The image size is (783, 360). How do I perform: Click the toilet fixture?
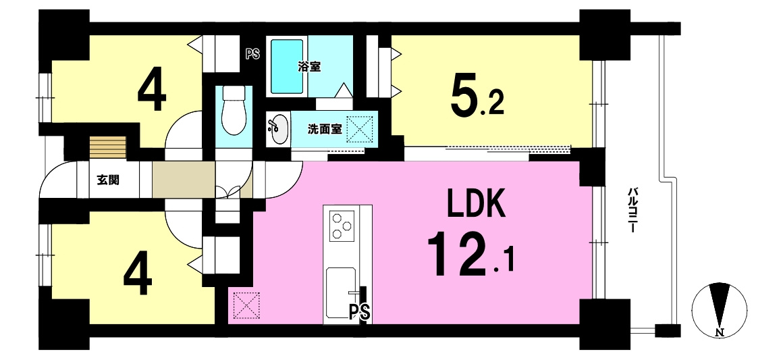pyautogui.click(x=233, y=110)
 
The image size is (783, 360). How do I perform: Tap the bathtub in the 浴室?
pyautogui.click(x=287, y=66)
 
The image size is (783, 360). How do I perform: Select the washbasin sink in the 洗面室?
pyautogui.click(x=278, y=129)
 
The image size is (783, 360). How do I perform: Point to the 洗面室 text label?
pyautogui.click(x=324, y=129)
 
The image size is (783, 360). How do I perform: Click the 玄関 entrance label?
pyautogui.click(x=108, y=180)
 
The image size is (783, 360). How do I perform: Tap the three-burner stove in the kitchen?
pyautogui.click(x=342, y=224)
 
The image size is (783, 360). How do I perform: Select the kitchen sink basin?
pyautogui.click(x=341, y=292)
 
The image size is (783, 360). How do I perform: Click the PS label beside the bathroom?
pyautogui.click(x=252, y=54)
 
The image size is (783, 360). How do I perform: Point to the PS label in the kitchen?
pyautogui.click(x=359, y=313)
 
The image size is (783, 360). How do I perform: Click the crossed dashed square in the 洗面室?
pyautogui.click(x=360, y=129)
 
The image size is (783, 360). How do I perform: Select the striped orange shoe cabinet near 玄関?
pyautogui.click(x=107, y=147)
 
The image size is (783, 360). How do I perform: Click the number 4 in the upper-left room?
pyautogui.click(x=152, y=93)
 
